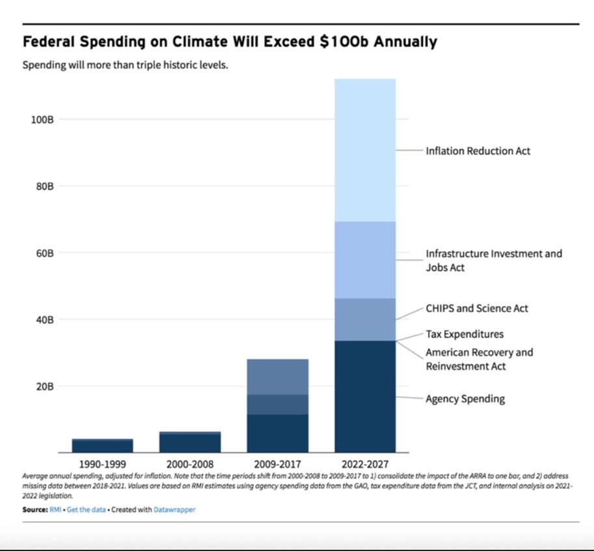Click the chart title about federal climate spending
pos(230,42)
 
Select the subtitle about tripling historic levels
pos(125,66)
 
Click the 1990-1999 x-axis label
pos(102,464)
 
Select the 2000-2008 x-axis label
pos(190,464)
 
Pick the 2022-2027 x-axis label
pos(365,464)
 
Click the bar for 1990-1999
pos(102,446)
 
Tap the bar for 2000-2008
pos(190,442)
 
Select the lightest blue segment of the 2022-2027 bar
pos(365,150)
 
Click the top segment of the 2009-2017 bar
pos(278,377)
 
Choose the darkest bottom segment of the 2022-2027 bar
pos(365,397)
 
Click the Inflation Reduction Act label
pos(478,151)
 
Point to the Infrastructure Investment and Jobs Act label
pos(493,260)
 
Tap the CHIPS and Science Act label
pos(477,308)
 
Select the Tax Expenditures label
pos(465,334)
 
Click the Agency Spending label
pos(465,399)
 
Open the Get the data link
pos(86,510)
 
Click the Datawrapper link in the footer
pos(174,510)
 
